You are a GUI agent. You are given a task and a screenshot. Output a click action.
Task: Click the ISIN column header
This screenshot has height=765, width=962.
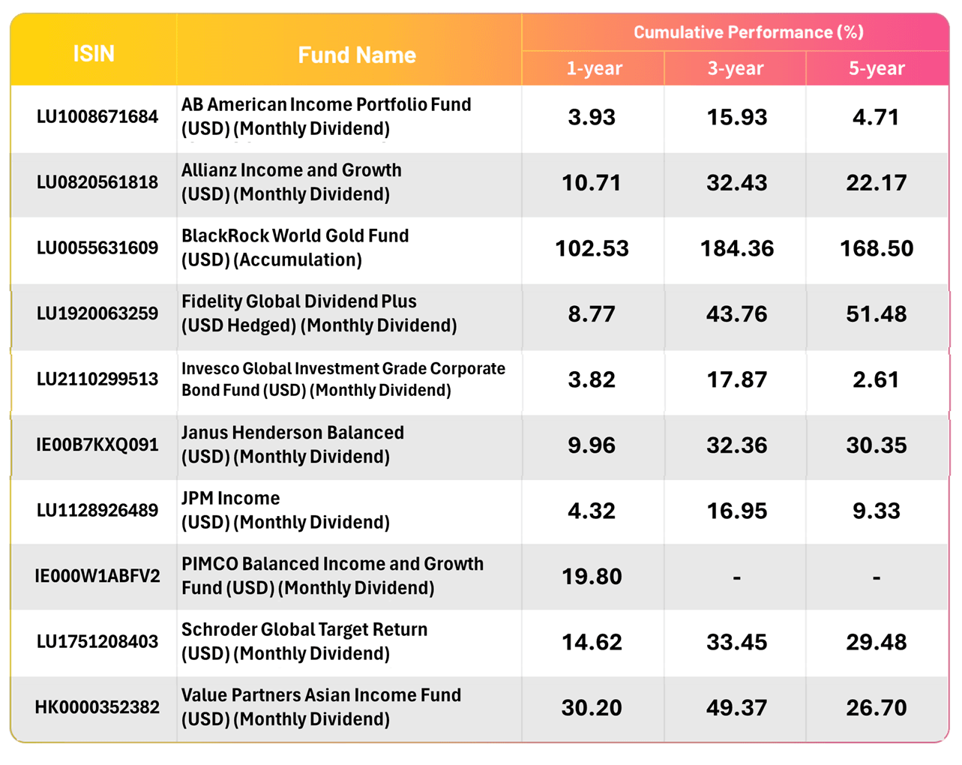point(94,54)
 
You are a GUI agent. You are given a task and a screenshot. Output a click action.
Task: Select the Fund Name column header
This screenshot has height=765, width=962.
point(357,55)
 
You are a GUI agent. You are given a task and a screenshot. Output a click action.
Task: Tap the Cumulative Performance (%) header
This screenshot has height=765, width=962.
point(748,32)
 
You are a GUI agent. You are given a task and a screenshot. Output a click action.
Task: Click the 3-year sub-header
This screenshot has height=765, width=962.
point(736,68)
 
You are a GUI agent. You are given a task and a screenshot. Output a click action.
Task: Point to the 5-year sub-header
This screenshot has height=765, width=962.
point(877,68)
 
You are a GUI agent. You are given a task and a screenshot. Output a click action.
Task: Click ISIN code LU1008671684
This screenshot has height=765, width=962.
point(97,117)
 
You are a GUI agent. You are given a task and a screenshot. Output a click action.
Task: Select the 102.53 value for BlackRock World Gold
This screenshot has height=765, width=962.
point(592,248)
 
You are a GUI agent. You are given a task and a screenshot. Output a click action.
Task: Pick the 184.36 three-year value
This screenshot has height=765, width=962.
point(736,248)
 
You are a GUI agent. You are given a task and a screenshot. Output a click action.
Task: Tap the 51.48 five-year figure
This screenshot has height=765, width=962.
point(877,314)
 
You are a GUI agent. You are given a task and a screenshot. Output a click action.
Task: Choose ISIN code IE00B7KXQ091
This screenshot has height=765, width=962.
point(97,445)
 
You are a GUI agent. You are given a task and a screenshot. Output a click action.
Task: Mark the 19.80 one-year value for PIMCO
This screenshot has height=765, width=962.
point(592,576)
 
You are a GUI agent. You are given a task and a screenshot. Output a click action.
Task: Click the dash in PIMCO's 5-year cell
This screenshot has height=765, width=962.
point(877,577)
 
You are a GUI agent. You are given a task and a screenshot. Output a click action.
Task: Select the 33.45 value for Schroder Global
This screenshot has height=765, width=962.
point(736,642)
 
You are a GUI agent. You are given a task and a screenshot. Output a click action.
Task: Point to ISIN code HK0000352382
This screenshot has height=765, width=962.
point(97,707)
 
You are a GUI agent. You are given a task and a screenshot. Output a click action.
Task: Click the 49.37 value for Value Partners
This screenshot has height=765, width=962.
point(736,707)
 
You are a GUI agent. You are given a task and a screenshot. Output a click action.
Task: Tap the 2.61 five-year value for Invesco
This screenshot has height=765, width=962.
point(877,379)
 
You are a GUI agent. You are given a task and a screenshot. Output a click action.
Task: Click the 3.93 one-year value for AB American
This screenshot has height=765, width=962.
point(592,117)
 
